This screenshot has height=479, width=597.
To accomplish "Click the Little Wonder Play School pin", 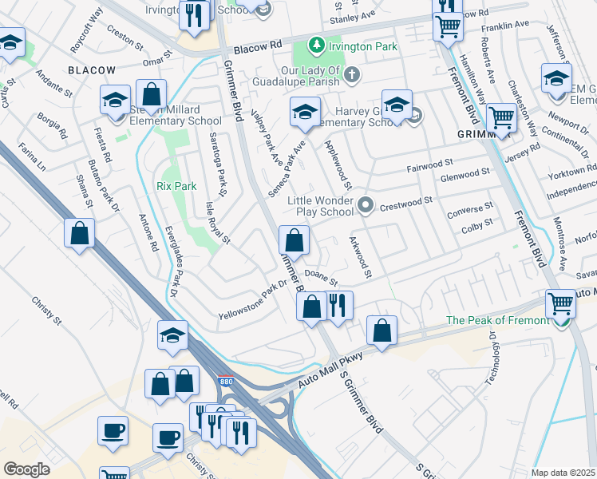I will pos(366,206).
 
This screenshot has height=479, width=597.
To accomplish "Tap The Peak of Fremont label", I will pos(498,320).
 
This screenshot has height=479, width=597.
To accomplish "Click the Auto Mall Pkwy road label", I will pos(330,370).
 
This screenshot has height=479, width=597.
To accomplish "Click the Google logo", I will pos(26,469).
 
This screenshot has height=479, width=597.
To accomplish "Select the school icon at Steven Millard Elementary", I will pos(115,102).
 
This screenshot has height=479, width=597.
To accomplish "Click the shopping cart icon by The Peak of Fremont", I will pos(560,304).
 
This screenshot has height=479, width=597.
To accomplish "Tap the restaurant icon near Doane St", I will pos(338,305).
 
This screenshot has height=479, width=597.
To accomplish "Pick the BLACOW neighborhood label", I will pos(92,70).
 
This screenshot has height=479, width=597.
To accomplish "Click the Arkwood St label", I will pos(358,257).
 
